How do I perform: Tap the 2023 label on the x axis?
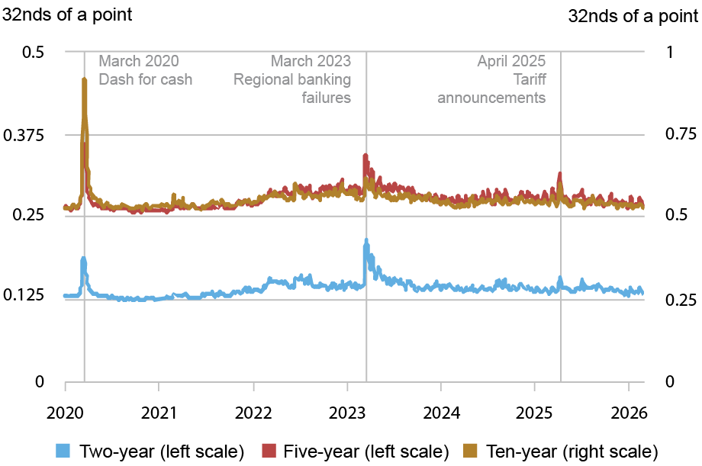click(x=348, y=412)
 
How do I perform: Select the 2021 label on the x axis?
click(x=158, y=412)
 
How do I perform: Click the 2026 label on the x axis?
click(x=631, y=412)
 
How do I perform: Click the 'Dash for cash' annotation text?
click(x=146, y=79)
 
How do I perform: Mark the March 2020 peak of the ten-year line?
click(x=84, y=79)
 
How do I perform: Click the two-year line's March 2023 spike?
click(x=366, y=242)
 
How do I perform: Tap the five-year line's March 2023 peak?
click(x=365, y=156)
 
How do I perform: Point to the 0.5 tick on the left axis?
click(x=35, y=52)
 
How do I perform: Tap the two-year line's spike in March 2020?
click(x=84, y=259)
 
